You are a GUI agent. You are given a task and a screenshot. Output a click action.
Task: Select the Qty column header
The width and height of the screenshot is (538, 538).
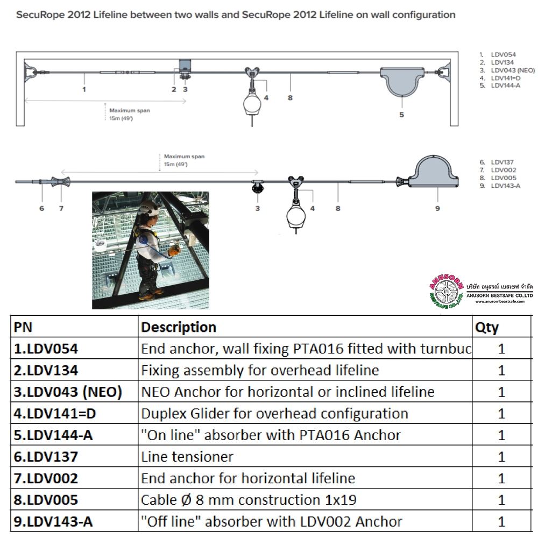pyautogui.click(x=487, y=327)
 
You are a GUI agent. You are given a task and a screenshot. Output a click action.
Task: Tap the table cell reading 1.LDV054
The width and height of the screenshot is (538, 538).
pyautogui.click(x=46, y=349)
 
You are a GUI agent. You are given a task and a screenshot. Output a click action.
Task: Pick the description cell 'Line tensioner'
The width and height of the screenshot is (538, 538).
pyautogui.click(x=187, y=457)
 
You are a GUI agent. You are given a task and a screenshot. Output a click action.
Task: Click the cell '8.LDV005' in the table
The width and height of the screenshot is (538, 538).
pyautogui.click(x=46, y=500)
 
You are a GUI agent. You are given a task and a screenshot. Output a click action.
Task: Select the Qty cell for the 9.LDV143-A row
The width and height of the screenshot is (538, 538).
pyautogui.click(x=501, y=521)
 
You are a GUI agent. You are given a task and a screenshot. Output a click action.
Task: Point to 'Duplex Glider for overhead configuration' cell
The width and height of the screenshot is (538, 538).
pyautogui.click(x=274, y=413)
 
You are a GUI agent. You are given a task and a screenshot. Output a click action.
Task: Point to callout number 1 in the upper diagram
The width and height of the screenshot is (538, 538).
pyautogui.click(x=84, y=89)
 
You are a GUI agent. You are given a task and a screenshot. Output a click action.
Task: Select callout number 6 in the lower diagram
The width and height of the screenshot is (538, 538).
pyautogui.click(x=41, y=208)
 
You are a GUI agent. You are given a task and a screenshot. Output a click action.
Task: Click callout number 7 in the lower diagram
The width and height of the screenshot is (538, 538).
pyautogui.click(x=61, y=208)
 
